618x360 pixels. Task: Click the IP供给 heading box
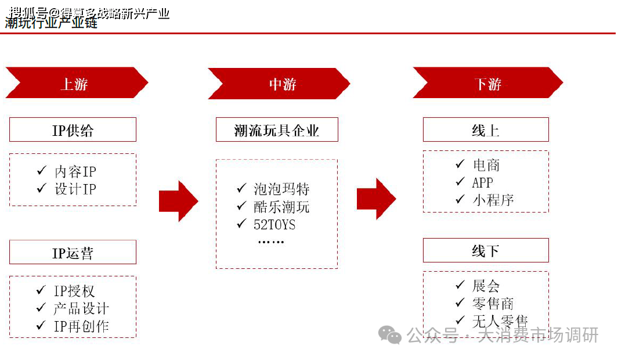tap(73, 130)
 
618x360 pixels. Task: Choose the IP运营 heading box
tap(73, 253)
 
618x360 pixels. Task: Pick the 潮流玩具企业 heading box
tap(277, 130)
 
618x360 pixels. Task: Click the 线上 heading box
tap(486, 130)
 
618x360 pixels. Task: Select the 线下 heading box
tap(486, 251)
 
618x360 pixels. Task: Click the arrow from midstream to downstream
tap(376, 199)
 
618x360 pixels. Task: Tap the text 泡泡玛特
tap(281, 189)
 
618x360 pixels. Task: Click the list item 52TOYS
tap(274, 224)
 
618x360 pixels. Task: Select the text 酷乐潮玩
tap(281, 207)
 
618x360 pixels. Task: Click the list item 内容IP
tap(75, 172)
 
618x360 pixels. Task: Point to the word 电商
tap(486, 165)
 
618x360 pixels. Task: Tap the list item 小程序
tap(493, 200)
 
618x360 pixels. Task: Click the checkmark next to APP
tap(460, 182)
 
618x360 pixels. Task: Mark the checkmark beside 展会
tap(460, 285)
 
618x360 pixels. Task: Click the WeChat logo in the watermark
tap(389, 334)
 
